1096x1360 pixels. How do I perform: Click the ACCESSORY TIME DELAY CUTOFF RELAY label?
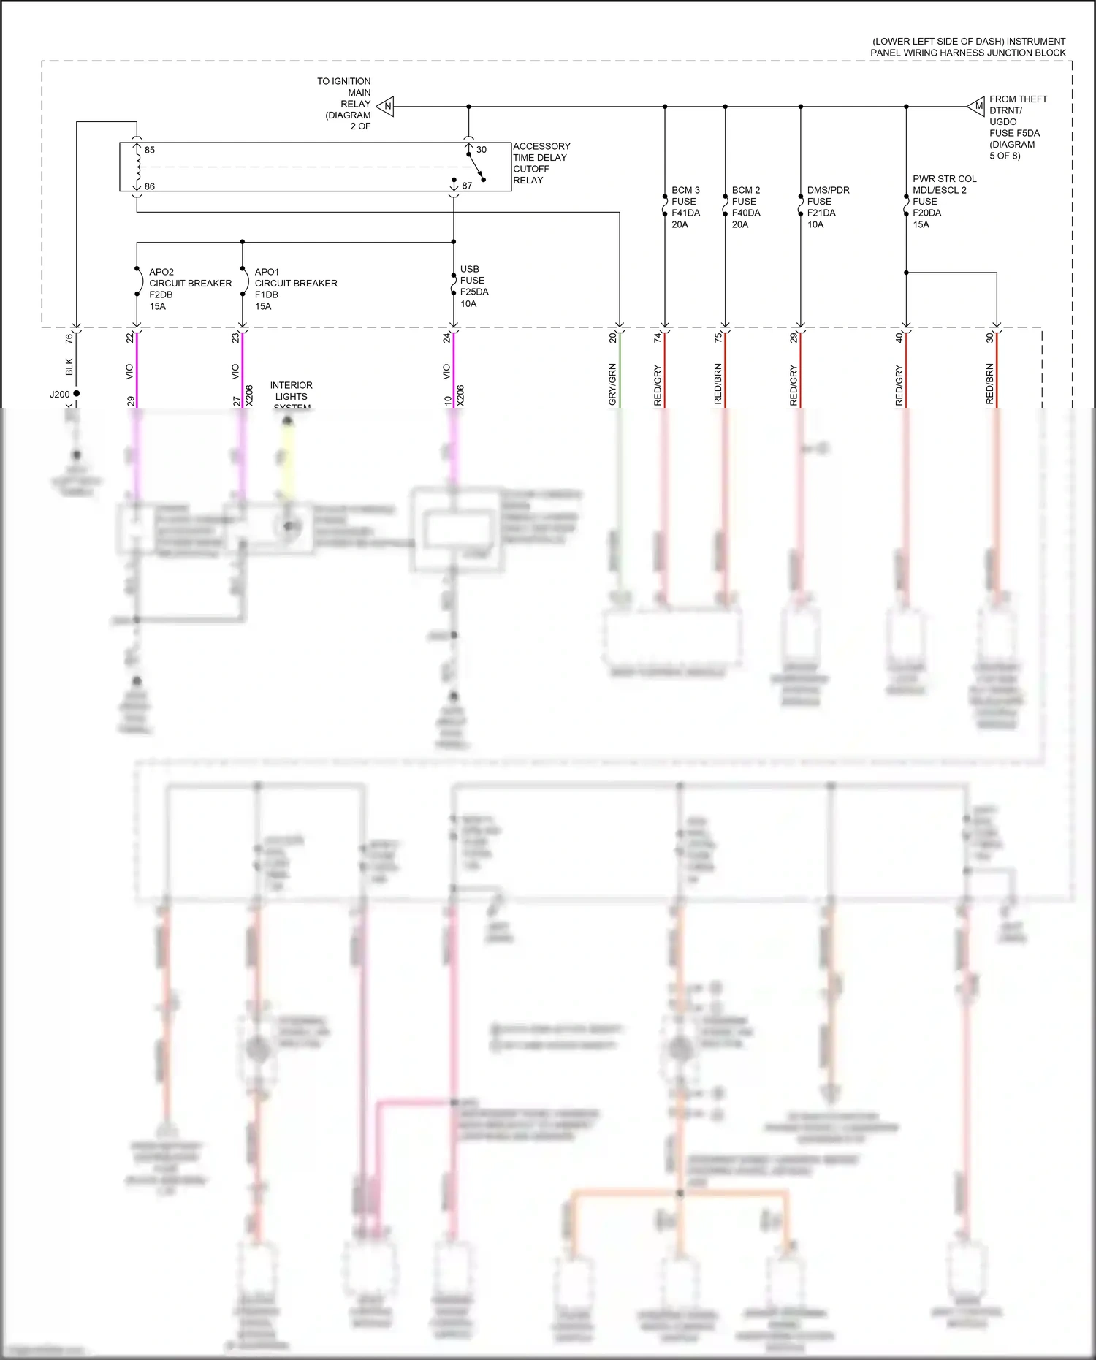pyautogui.click(x=541, y=163)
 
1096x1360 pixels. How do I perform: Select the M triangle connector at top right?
pyautogui.click(x=977, y=107)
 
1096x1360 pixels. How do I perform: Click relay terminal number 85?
pyautogui.click(x=150, y=150)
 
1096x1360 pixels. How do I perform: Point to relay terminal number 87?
pyautogui.click(x=467, y=186)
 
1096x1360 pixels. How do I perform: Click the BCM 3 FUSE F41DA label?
pyautogui.click(x=685, y=207)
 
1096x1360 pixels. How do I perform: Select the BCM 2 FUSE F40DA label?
pyautogui.click(x=746, y=207)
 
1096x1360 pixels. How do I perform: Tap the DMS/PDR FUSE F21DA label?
pyautogui.click(x=827, y=207)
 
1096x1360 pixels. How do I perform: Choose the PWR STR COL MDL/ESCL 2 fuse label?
pyautogui.click(x=943, y=201)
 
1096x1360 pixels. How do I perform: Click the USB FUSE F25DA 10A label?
pyautogui.click(x=473, y=286)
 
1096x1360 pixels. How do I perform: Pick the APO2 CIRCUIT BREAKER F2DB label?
pyautogui.click(x=189, y=289)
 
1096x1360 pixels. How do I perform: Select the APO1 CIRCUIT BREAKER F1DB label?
pyautogui.click(x=295, y=289)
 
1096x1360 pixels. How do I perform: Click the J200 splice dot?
pyautogui.click(x=76, y=393)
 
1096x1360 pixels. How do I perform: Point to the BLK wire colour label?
pyautogui.click(x=69, y=366)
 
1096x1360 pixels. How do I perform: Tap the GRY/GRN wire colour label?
pyautogui.click(x=612, y=384)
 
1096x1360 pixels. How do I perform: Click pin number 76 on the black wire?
pyautogui.click(x=69, y=338)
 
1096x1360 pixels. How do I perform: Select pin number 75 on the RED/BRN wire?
pyautogui.click(x=718, y=338)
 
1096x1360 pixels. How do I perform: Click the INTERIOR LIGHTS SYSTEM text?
pyautogui.click(x=291, y=395)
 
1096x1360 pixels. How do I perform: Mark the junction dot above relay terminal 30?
pyautogui.click(x=468, y=107)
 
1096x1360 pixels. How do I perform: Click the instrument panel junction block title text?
pyautogui.click(x=967, y=47)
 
